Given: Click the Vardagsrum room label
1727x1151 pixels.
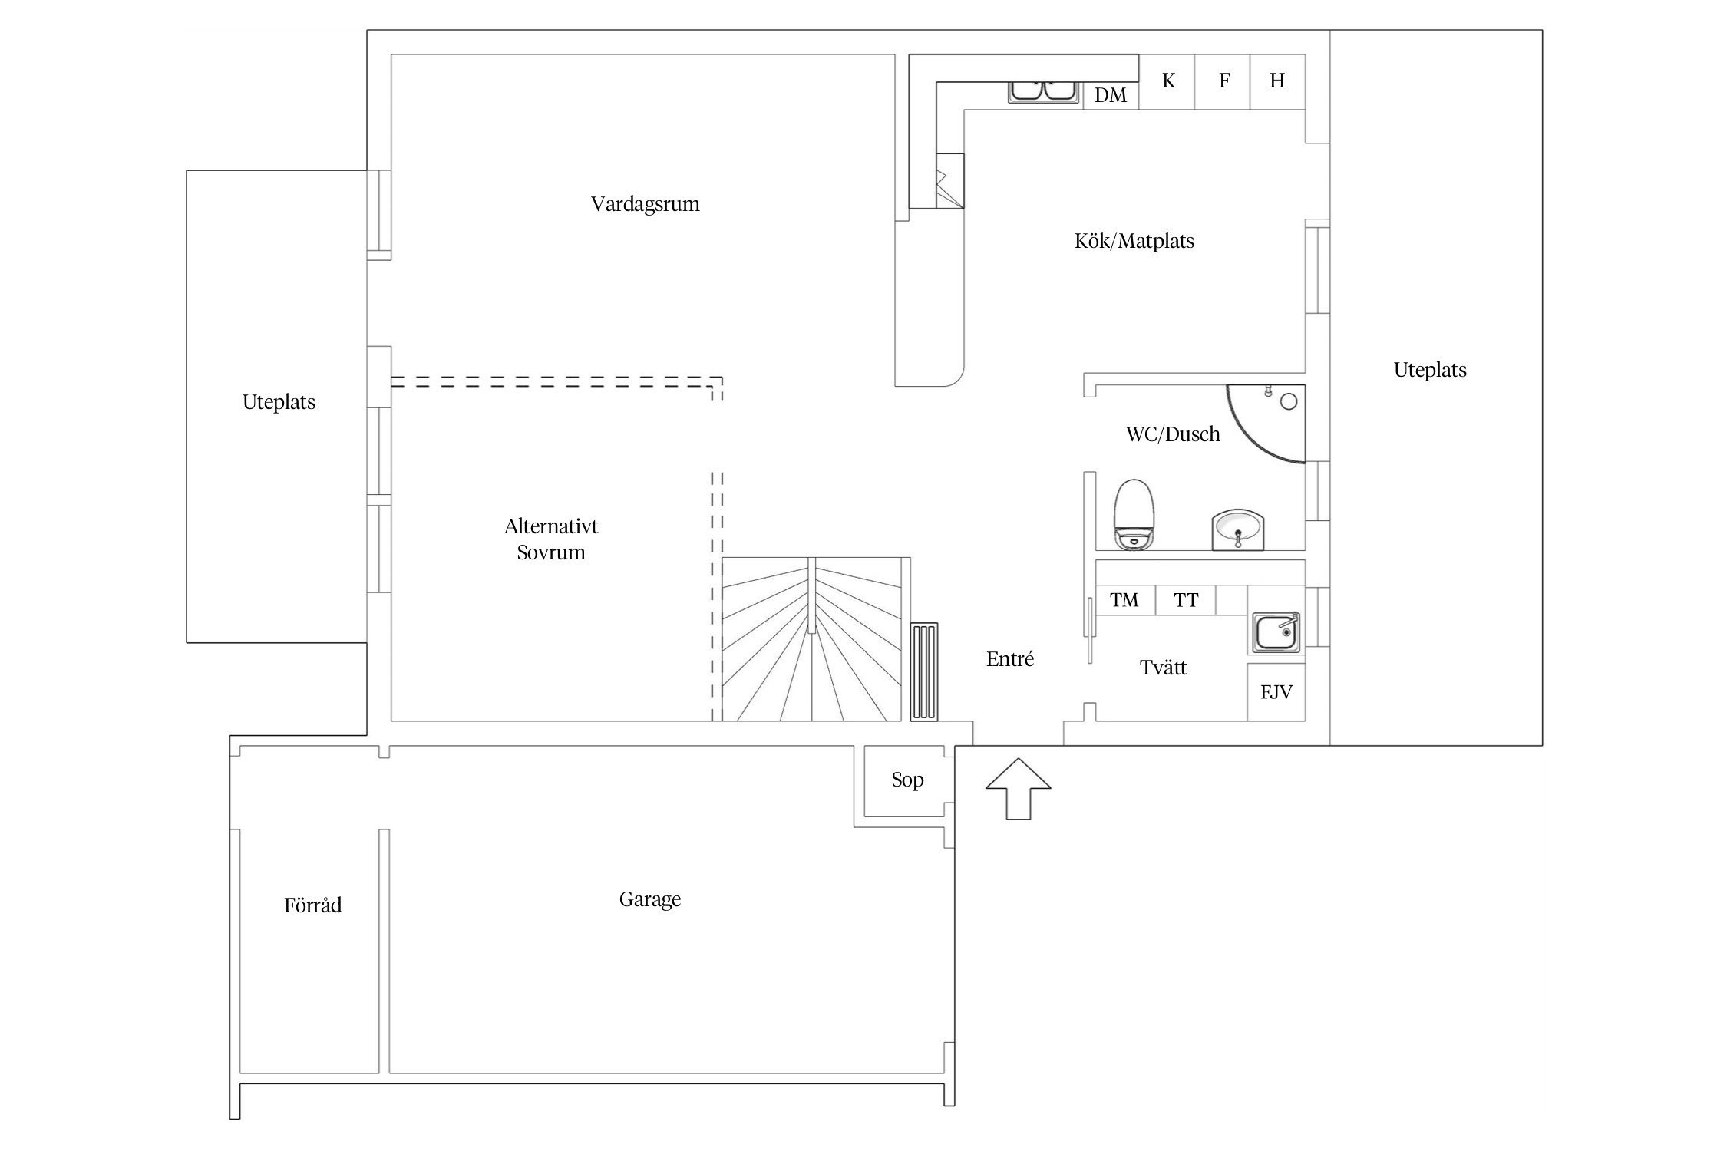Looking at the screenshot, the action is point(645,204).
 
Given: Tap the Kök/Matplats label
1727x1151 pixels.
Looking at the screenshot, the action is point(1134,241).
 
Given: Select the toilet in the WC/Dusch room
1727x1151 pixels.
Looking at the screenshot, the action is point(1134,515).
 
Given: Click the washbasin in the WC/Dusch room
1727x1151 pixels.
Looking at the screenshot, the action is point(1237,529).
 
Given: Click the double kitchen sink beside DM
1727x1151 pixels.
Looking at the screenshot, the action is point(1044,91).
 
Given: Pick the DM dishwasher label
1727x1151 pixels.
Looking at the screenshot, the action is point(1111,95).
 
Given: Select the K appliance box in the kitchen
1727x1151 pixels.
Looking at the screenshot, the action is point(1167,81).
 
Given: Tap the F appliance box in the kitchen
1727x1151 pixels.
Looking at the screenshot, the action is point(1223,81).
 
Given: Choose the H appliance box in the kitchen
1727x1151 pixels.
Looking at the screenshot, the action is point(1278,81).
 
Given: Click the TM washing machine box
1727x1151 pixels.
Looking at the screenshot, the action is point(1124,600).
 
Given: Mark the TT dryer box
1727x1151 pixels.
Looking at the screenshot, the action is point(1185,600).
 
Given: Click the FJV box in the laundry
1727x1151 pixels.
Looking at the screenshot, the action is point(1276,692).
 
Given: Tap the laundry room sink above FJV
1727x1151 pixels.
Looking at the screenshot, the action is point(1276,633).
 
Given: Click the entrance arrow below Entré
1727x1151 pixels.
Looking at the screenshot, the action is point(1018,789).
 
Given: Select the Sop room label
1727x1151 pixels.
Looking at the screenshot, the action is point(907,780).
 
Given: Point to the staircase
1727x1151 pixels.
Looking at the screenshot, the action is point(811,639).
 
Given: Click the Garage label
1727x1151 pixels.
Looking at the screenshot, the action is point(650,899).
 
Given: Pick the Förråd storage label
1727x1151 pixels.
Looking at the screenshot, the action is point(312,905).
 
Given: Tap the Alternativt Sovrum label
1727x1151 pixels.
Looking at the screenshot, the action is point(551,539).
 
